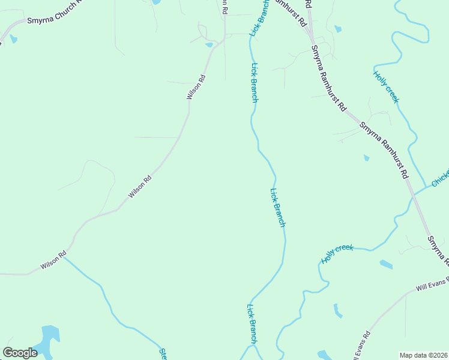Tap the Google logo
pyautogui.click(x=20, y=353)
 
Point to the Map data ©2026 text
pyautogui.click(x=423, y=355)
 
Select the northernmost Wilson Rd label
pyautogui.click(x=196, y=87)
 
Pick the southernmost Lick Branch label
pyautogui.click(x=252, y=323)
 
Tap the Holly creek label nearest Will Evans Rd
pyautogui.click(x=337, y=254)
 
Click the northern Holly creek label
pyautogui.click(x=385, y=87)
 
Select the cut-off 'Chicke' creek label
pyautogui.click(x=439, y=178)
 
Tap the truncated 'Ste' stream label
pyautogui.click(x=162, y=353)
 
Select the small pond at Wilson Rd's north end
pyautogui.click(x=209, y=44)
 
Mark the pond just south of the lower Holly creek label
pyautogui.click(x=386, y=264)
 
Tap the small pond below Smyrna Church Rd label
pyautogui.click(x=13, y=39)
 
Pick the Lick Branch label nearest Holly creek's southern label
pyautogui.click(x=277, y=208)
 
